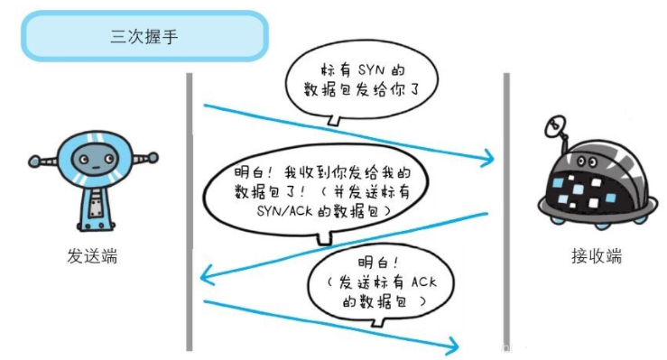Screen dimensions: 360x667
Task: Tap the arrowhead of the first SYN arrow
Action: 488,160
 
